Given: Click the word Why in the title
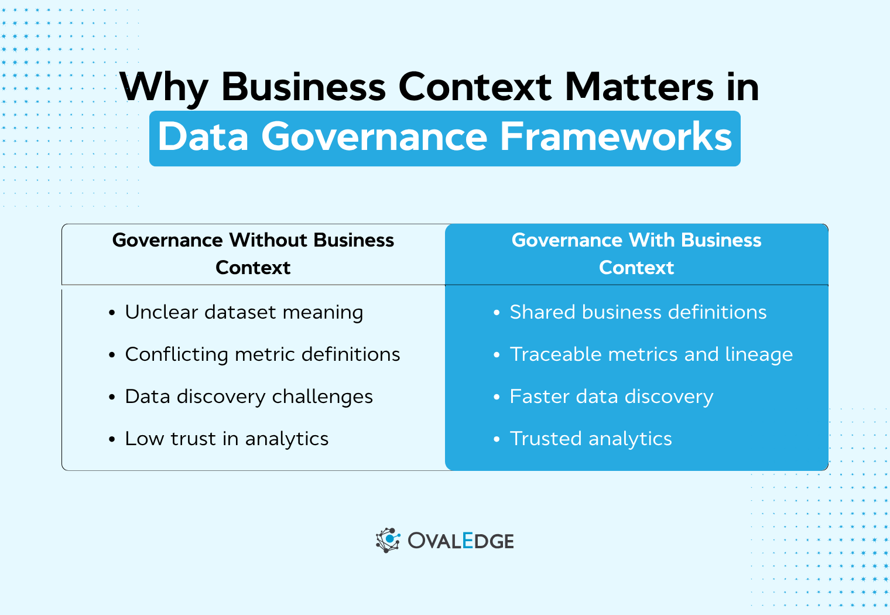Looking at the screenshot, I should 165,88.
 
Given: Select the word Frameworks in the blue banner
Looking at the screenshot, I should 616,136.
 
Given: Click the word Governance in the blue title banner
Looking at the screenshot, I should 374,136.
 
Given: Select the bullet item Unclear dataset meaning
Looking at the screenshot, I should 244,312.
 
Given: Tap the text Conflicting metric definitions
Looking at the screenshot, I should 262,354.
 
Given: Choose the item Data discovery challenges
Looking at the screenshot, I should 249,397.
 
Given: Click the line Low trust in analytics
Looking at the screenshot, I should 227,439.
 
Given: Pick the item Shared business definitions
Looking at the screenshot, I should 638,312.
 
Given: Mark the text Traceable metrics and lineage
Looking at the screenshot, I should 651,354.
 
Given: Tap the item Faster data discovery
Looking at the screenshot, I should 611,397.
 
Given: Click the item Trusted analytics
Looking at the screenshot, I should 591,439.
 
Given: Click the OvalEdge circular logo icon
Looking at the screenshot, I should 388,540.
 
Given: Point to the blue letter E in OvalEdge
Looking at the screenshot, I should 467,540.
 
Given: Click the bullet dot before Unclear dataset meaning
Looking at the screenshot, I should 112,313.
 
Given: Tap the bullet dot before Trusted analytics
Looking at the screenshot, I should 497,439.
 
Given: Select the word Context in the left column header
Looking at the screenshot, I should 253,268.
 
